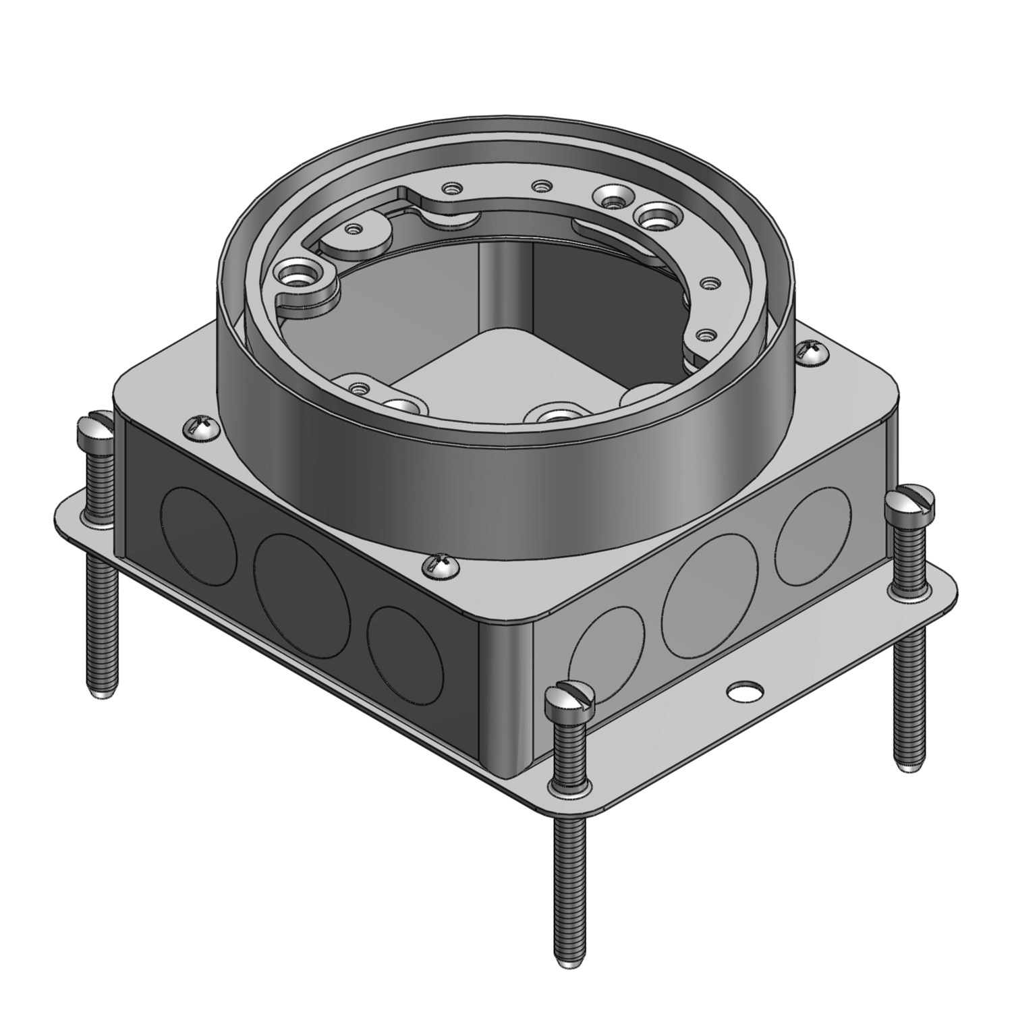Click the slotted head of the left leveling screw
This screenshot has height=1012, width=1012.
click(97, 425)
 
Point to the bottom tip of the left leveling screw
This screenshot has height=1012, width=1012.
click(101, 694)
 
